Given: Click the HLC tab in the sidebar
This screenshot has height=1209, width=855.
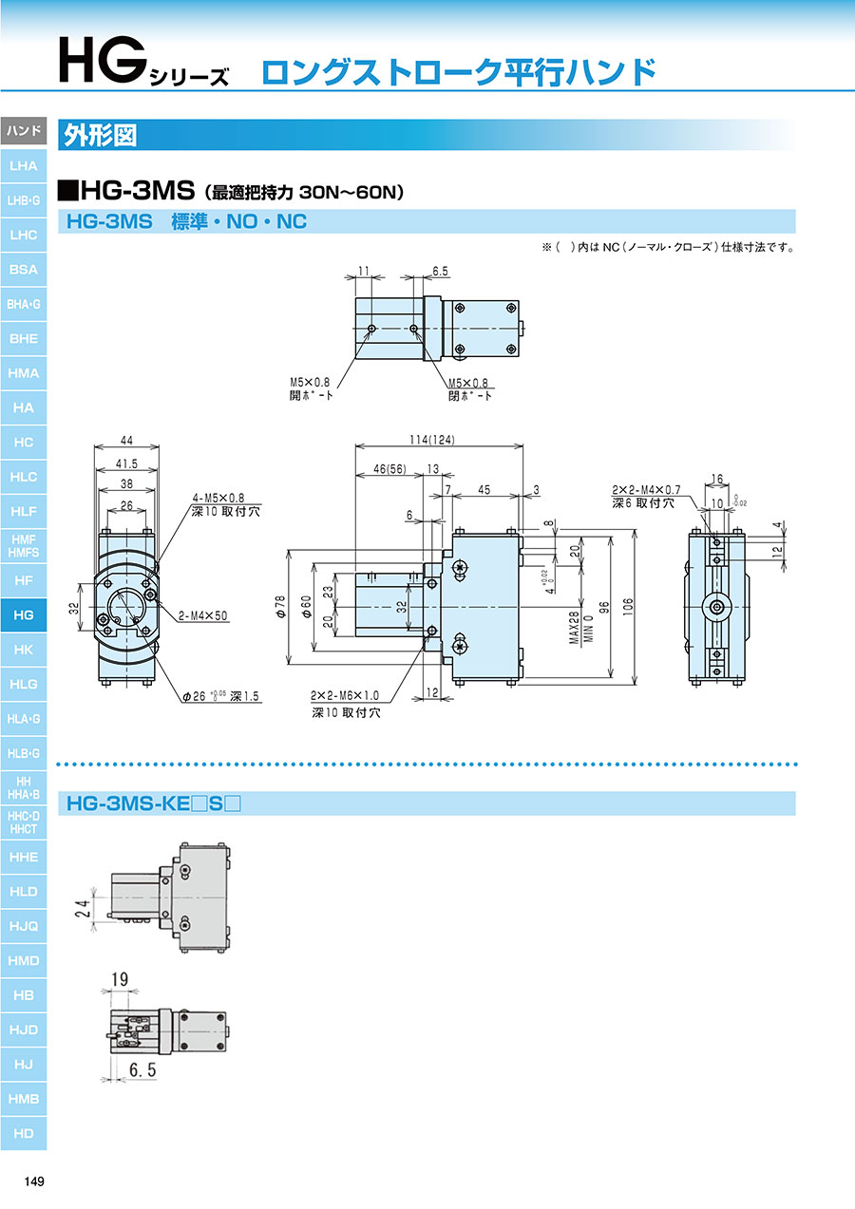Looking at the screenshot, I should tap(23, 477).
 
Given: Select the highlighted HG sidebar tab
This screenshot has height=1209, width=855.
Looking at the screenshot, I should tap(23, 615).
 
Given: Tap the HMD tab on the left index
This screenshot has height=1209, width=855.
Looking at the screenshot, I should tap(23, 960).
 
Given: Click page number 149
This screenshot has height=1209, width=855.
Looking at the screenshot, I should tap(34, 1181).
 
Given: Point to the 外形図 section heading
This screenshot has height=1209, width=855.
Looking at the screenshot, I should tap(99, 135).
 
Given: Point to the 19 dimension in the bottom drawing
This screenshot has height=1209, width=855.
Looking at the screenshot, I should tap(119, 977).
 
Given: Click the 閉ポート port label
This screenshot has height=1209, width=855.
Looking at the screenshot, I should tap(470, 396).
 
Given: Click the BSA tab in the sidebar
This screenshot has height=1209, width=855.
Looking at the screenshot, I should tap(23, 270).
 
